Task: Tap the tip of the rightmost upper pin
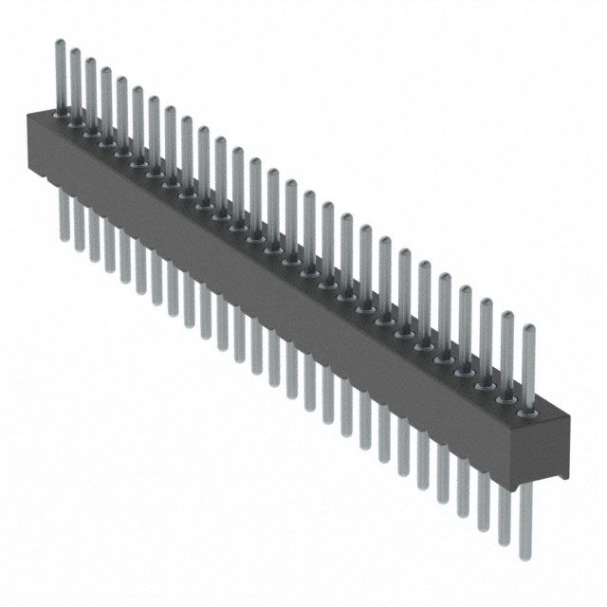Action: (528, 327)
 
